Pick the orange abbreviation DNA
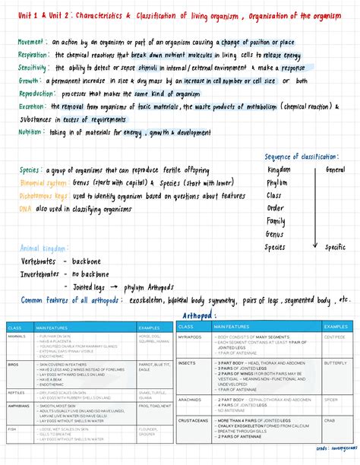(x=25, y=207)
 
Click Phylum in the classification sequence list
(x=276, y=182)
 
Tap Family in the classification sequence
(x=275, y=221)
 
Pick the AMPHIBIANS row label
(x=19, y=406)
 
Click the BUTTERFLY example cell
(x=335, y=363)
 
